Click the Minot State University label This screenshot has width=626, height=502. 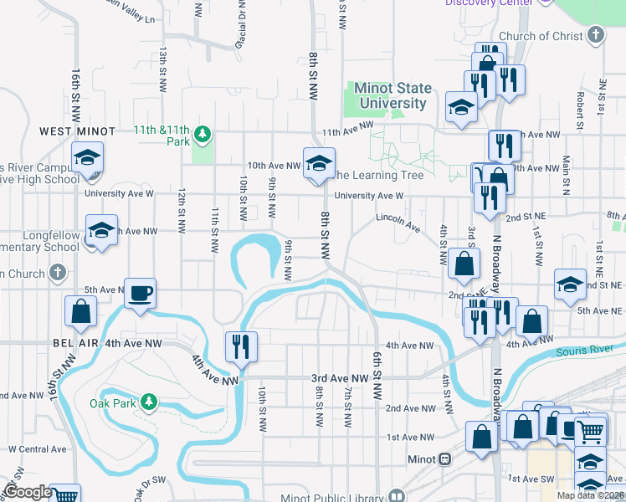pyautogui.click(x=393, y=95)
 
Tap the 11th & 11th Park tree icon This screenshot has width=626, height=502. pyautogui.click(x=202, y=134)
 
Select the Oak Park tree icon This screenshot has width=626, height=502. pyautogui.click(x=149, y=402)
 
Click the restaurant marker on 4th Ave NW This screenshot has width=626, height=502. pyautogui.click(x=241, y=346)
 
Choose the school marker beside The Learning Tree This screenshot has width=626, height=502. pyautogui.click(x=319, y=162)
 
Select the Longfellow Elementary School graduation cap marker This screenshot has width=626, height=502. pyautogui.click(x=101, y=230)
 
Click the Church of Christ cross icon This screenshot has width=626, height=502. pyautogui.click(x=595, y=35)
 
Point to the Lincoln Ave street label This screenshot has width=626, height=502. pyautogui.click(x=397, y=221)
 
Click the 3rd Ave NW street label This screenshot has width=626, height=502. pyautogui.click(x=341, y=378)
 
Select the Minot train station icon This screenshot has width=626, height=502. pyautogui.click(x=445, y=459)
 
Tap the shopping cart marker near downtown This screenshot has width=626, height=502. pyautogui.click(x=591, y=432)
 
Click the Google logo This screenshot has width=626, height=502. pyautogui.click(x=27, y=493)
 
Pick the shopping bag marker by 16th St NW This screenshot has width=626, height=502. pyautogui.click(x=82, y=311)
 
